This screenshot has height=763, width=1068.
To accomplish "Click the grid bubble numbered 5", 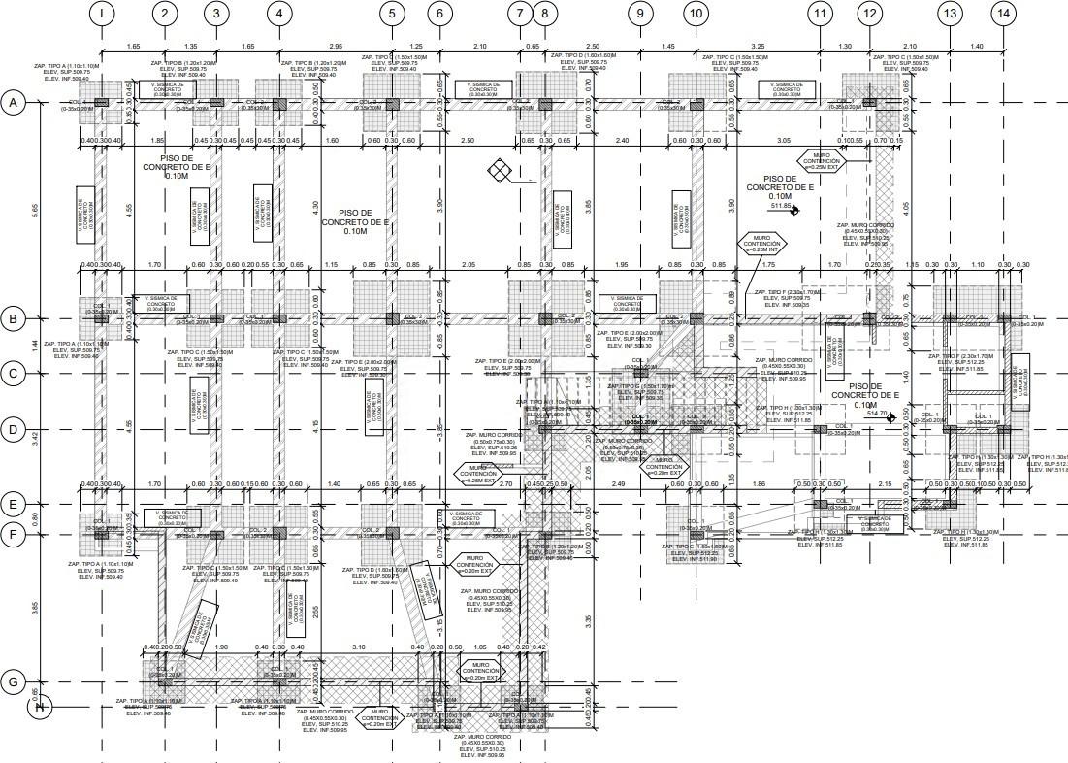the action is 392,14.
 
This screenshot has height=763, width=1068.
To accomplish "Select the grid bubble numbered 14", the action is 1003,14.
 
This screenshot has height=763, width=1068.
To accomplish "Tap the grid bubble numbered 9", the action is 639,14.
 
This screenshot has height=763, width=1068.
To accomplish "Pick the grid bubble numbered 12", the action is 869,14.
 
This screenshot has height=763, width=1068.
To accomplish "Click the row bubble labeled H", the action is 40,707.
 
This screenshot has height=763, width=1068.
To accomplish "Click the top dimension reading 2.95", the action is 336,46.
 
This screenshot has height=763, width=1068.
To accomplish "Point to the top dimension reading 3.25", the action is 758,46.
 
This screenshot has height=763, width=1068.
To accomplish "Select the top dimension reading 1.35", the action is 190,46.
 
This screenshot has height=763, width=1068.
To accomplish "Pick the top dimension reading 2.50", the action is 593,46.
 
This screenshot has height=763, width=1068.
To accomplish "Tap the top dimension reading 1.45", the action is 668,46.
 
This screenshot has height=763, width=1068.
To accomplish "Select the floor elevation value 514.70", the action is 877,415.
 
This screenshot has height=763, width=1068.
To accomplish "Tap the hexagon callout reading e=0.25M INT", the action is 761,243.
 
